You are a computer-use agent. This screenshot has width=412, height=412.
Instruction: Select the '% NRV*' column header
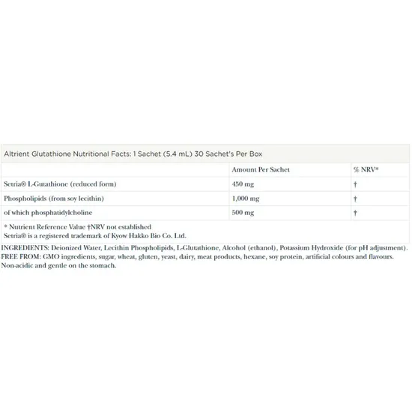tap(366, 169)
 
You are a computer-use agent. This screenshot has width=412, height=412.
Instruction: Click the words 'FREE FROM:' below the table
tap(19, 257)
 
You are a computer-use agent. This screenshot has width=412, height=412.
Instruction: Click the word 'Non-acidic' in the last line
tap(17, 266)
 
